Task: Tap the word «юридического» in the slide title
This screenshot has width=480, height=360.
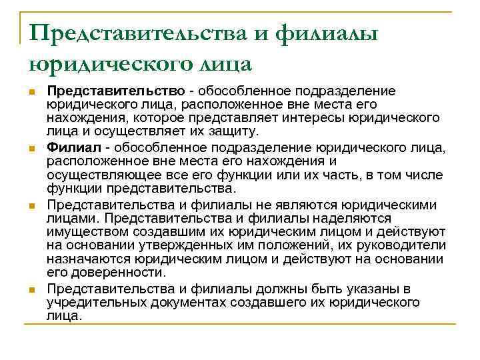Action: pyautogui.click(x=101, y=64)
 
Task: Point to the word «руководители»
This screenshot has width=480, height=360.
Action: pyautogui.click(x=407, y=245)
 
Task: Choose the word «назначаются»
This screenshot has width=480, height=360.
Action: pyautogui.click(x=88, y=259)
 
